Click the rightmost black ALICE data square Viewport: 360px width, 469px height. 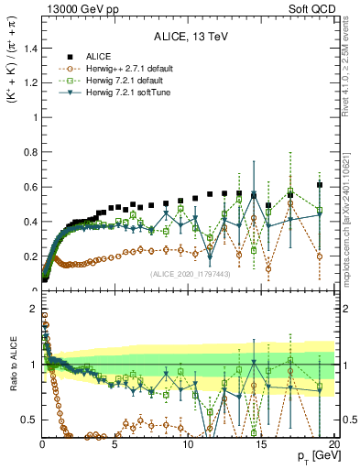[319, 185]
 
